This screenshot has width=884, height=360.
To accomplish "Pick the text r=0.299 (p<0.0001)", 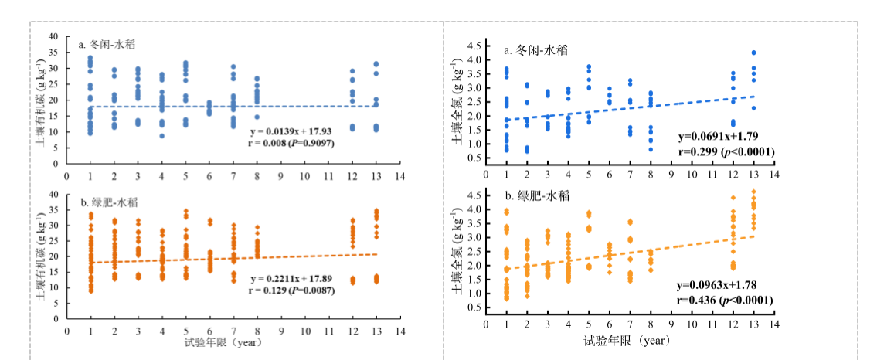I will point(726,152).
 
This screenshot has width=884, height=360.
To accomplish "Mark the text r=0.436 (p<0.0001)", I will point(726,300).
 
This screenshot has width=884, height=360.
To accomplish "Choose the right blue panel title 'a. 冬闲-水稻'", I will point(536,51).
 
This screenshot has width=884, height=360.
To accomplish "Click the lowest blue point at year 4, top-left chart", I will point(162,136).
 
